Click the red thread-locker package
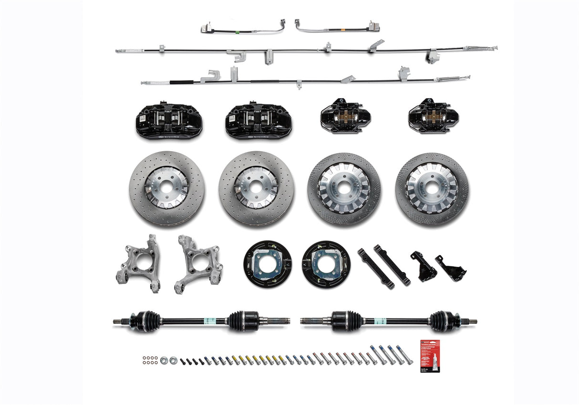point(430,355)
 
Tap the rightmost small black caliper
point(433,116)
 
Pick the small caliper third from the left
point(345,116)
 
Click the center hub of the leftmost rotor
point(166,188)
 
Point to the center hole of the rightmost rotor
point(432,188)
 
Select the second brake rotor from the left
point(257,188)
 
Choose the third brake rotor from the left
point(344,189)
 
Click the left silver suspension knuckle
point(138,263)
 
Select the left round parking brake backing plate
point(267,263)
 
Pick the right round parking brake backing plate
point(326,263)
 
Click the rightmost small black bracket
point(451,269)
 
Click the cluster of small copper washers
point(150,359)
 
